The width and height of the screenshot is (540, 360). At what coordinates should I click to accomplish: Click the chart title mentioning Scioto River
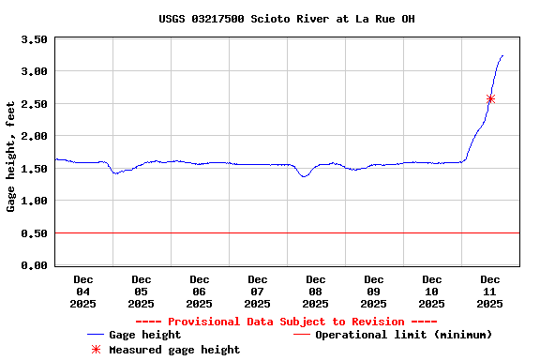point(287,19)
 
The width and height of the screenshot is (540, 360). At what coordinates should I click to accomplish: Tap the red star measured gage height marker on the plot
point(490,98)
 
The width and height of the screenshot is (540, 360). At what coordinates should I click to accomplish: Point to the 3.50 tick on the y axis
point(35,39)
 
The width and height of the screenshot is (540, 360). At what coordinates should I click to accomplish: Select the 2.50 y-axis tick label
point(35,104)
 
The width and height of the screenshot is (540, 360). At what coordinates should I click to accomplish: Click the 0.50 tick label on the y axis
point(35,233)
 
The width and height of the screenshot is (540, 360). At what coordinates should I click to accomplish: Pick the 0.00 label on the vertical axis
point(35,265)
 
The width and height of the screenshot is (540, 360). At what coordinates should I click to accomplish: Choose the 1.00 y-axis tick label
point(35,201)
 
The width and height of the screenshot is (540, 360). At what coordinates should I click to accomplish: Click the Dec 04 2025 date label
point(83,292)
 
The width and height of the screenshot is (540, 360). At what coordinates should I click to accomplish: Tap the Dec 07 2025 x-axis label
point(258,292)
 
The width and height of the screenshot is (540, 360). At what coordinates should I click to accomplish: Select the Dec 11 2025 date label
point(490,292)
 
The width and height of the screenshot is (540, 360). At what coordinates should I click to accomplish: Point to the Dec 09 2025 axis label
point(374,292)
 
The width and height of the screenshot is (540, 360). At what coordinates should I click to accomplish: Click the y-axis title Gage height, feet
point(11,157)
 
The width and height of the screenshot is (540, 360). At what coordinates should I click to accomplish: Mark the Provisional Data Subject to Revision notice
point(287,322)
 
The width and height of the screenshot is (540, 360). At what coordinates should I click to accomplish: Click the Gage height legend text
point(144,335)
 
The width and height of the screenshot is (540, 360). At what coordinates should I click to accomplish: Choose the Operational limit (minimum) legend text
point(403,335)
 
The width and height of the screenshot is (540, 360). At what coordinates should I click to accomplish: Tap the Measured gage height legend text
point(174,350)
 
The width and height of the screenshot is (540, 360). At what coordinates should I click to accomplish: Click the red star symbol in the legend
point(96,350)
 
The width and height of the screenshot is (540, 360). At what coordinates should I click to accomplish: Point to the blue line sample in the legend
point(95,335)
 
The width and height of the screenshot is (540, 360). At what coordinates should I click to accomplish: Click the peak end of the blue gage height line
point(502,56)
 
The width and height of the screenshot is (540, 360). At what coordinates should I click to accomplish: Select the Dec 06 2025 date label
point(200,292)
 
